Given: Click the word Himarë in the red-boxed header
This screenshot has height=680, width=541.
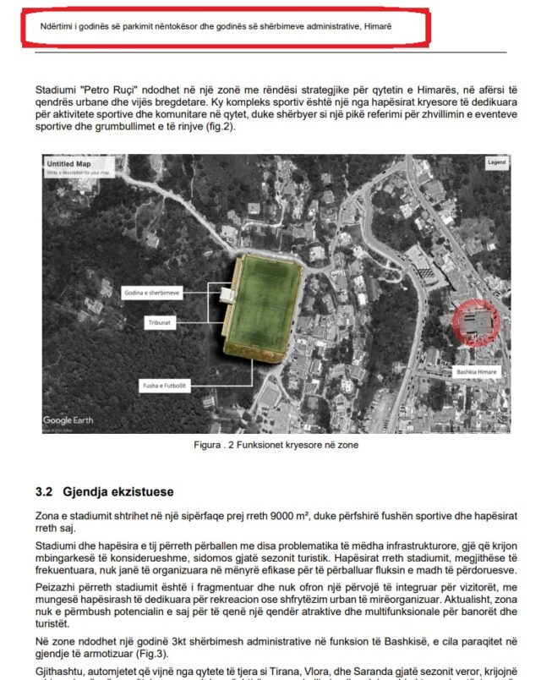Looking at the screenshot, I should pyautogui.click(x=377, y=26).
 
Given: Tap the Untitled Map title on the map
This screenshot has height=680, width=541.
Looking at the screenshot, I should pyautogui.click(x=68, y=164).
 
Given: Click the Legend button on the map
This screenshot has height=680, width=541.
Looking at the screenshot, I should pyautogui.click(x=496, y=162).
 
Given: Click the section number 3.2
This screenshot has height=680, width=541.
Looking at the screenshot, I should pyautogui.click(x=46, y=491).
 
